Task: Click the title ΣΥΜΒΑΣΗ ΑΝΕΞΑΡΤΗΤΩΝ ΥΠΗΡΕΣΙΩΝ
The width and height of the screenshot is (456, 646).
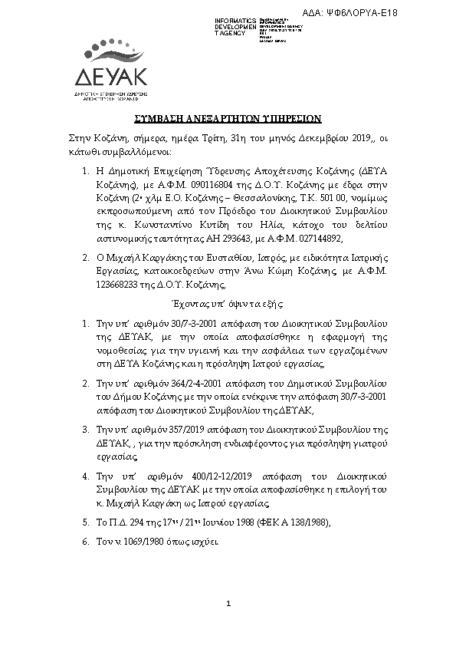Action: (227, 120)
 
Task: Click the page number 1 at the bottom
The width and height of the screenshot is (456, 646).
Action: (228, 607)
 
